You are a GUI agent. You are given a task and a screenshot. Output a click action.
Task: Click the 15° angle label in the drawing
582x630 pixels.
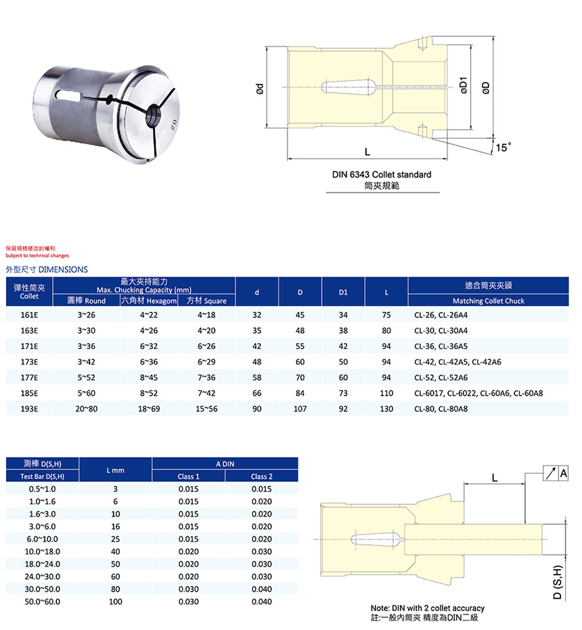pyautogui.click(x=503, y=147)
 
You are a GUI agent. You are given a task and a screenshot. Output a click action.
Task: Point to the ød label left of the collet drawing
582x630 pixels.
pyautogui.click(x=259, y=88)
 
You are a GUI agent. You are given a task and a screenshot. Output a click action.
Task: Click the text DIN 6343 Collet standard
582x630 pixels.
pyautogui.click(x=381, y=175)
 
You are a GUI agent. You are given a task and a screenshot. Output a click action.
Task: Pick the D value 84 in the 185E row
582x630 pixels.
pyautogui.click(x=300, y=393)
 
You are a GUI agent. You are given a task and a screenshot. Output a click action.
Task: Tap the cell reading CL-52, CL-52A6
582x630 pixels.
pyautogui.click(x=441, y=378)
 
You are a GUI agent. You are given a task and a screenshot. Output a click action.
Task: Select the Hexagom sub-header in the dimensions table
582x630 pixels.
pyautogui.click(x=148, y=300)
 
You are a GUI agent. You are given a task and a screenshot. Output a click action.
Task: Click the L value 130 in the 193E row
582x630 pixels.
pyautogui.click(x=386, y=409)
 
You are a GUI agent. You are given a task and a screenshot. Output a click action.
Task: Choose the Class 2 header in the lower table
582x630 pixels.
pyautogui.click(x=261, y=476)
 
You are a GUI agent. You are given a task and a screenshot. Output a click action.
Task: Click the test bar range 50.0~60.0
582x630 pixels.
pyautogui.click(x=43, y=602)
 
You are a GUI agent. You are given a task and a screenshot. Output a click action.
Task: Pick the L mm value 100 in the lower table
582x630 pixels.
pyautogui.click(x=115, y=602)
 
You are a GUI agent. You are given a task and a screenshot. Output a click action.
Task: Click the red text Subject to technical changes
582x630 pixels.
pyautogui.click(x=37, y=256)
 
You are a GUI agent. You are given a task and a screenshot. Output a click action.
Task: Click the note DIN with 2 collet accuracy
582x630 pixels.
pyautogui.click(x=428, y=608)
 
